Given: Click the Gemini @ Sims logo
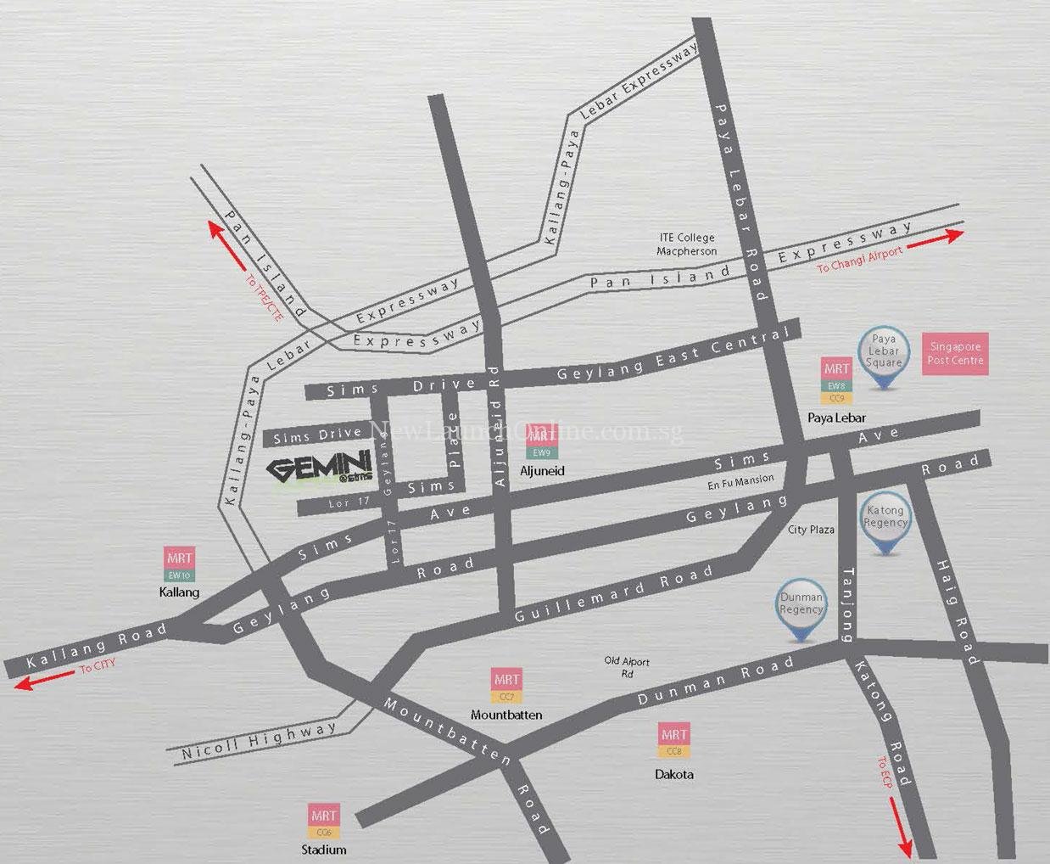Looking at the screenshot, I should click(319, 469).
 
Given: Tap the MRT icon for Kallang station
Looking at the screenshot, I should click(179, 564).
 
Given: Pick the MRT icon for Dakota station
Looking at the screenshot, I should click(674, 740).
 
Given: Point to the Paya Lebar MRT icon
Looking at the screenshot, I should click(836, 379).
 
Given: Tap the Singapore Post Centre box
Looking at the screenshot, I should click(955, 354).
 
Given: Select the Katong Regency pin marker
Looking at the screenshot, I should click(885, 523).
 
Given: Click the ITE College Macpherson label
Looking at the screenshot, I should click(686, 244).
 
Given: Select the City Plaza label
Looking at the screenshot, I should click(811, 530).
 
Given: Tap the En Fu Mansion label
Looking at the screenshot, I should click(740, 481).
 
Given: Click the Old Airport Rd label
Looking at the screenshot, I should click(626, 667).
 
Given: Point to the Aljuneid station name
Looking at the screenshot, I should click(543, 471).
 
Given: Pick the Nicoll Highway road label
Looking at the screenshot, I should click(260, 741).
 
